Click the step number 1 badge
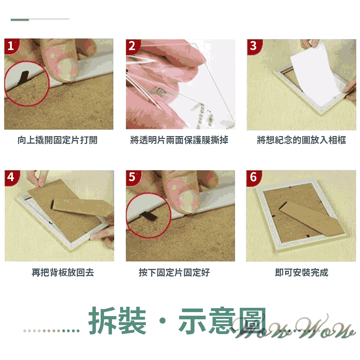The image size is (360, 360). coord(11,46)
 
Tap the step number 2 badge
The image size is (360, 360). coord(132,46)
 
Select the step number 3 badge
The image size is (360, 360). coord(253,46)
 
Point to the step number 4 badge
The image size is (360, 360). coord(11,177)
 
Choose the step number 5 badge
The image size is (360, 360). coord(132,177)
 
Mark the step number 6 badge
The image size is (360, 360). coord(253,177)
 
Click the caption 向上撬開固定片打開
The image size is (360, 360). coord(58,140)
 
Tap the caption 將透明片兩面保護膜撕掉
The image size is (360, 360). coord(179,140)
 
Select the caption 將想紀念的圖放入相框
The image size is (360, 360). coord(301,140)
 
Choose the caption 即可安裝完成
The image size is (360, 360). coord(301,273)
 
